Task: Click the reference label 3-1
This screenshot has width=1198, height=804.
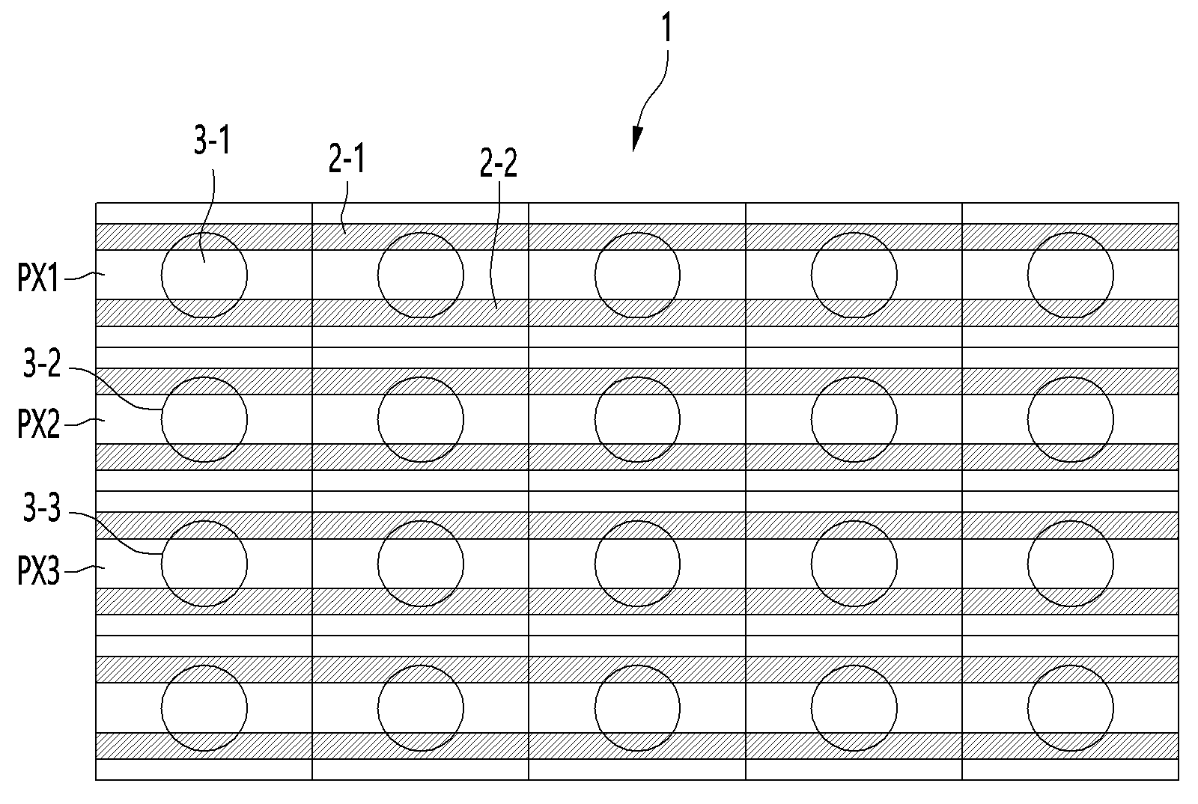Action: pyautogui.click(x=212, y=142)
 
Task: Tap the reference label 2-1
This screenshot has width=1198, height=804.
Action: pyautogui.click(x=347, y=160)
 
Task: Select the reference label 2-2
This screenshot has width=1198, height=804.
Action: pyautogui.click(x=499, y=163)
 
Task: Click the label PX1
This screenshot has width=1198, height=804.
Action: pyautogui.click(x=38, y=278)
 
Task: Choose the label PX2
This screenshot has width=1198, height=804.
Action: pyautogui.click(x=38, y=424)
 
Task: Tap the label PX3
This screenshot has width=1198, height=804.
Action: pyautogui.click(x=38, y=570)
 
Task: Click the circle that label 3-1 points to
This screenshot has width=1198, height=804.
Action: pyautogui.click(x=204, y=275)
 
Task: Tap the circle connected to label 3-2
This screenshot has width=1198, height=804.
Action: pyautogui.click(x=204, y=420)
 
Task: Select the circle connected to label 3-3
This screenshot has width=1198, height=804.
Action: pyautogui.click(x=204, y=564)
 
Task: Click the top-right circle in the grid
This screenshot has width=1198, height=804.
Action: pyautogui.click(x=1071, y=275)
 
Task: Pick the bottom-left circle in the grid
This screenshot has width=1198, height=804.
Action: pyautogui.click(x=204, y=708)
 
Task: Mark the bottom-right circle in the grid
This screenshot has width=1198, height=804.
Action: pyautogui.click(x=1071, y=708)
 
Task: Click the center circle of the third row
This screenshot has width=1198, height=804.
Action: pyautogui.click(x=637, y=564)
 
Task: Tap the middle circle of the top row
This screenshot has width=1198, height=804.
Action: pyautogui.click(x=637, y=275)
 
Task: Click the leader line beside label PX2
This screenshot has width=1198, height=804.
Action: pyautogui.click(x=85, y=422)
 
